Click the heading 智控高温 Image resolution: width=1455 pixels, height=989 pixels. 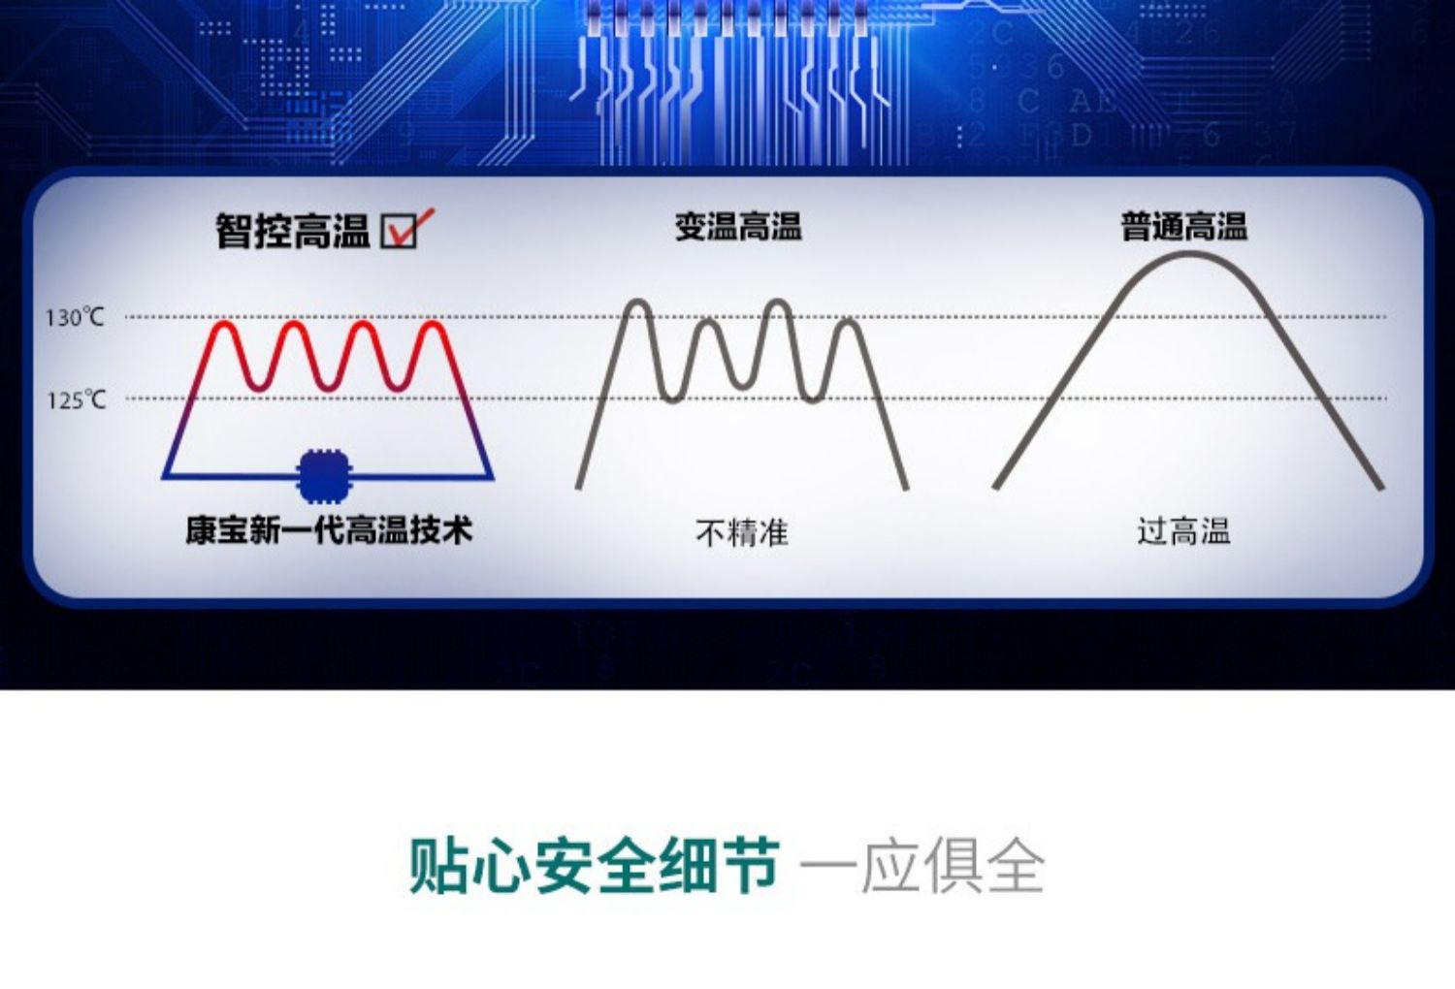pyautogui.click(x=293, y=231)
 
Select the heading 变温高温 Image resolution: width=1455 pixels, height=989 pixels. pyautogui.click(x=738, y=227)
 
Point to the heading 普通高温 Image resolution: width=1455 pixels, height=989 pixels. pyautogui.click(x=1184, y=227)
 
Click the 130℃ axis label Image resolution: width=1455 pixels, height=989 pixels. pyautogui.click(x=75, y=317)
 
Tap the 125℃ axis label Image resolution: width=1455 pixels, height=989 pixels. pyautogui.click(x=76, y=399)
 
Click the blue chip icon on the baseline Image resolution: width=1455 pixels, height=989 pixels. pyautogui.click(x=325, y=476)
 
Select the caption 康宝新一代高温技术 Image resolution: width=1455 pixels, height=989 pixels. pyautogui.click(x=330, y=530)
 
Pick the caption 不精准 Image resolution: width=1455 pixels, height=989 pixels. pyautogui.click(x=742, y=532)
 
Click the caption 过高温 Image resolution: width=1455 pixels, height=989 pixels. pyautogui.click(x=1183, y=531)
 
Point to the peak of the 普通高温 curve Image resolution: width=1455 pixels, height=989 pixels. pyautogui.click(x=1188, y=254)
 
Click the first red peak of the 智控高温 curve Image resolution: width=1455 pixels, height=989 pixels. pyautogui.click(x=224, y=324)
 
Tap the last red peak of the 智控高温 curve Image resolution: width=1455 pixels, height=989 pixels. pyautogui.click(x=433, y=324)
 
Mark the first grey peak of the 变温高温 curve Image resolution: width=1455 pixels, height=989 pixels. pyautogui.click(x=638, y=303)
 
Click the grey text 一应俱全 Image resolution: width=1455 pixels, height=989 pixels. pyautogui.click(x=922, y=867)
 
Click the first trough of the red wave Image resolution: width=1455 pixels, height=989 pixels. pyautogui.click(x=259, y=388)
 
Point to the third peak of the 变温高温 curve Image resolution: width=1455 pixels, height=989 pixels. pyautogui.click(x=778, y=303)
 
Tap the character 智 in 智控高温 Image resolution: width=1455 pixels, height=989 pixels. pyautogui.click(x=234, y=231)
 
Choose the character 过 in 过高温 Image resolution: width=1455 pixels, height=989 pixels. pyautogui.click(x=1151, y=531)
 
